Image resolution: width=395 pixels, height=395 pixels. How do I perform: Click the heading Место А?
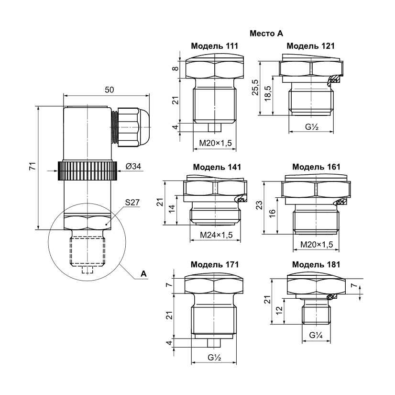pyautogui.click(x=266, y=34)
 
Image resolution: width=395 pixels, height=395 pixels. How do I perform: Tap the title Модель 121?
pyautogui.click(x=310, y=46)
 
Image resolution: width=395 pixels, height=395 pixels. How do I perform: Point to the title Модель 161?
pyautogui.click(x=316, y=167)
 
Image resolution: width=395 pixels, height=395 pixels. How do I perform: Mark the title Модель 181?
pyautogui.click(x=315, y=264)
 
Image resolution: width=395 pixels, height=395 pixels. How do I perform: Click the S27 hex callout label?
pyautogui.click(x=132, y=203)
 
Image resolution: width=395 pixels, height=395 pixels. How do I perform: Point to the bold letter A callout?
pyautogui.click(x=143, y=273)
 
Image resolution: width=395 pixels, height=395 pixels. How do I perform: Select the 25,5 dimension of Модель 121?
pyautogui.click(x=255, y=87)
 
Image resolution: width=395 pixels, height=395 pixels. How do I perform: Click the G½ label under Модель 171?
pyautogui.click(x=214, y=357)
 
